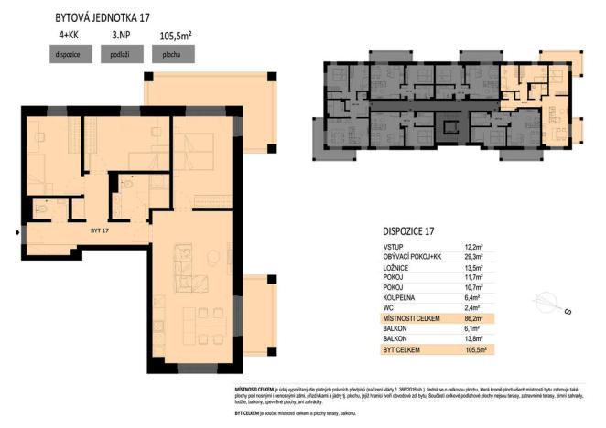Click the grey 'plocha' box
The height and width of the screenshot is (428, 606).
pos(172,54)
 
